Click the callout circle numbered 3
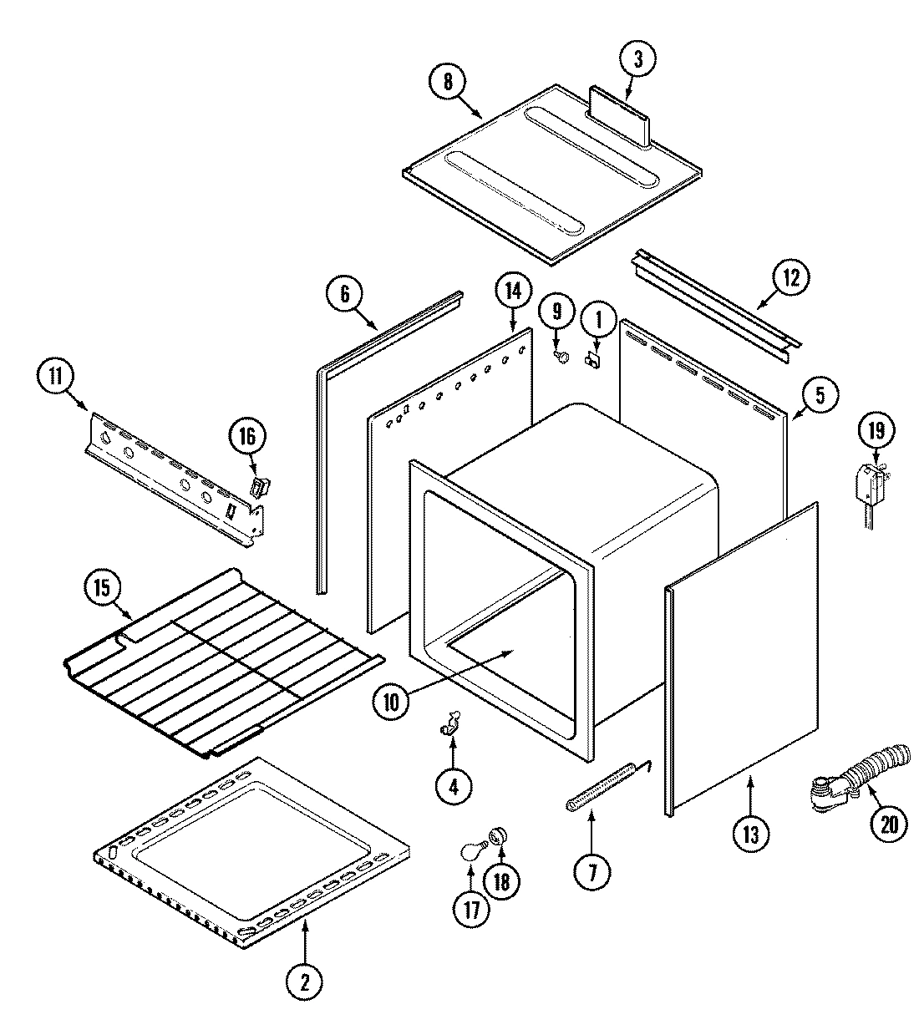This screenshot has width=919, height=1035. coord(637,58)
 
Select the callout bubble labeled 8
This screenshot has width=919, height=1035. coord(447,82)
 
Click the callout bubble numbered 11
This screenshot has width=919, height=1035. coord(55,377)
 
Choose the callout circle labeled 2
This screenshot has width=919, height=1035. coord(304,982)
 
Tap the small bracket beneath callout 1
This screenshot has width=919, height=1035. coord(595,360)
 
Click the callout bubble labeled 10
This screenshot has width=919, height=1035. coord(393,702)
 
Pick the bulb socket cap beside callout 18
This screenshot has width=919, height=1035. coord(499,834)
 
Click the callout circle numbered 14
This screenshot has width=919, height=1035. coord(512,292)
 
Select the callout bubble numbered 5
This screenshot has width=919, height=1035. coord(820,396)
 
